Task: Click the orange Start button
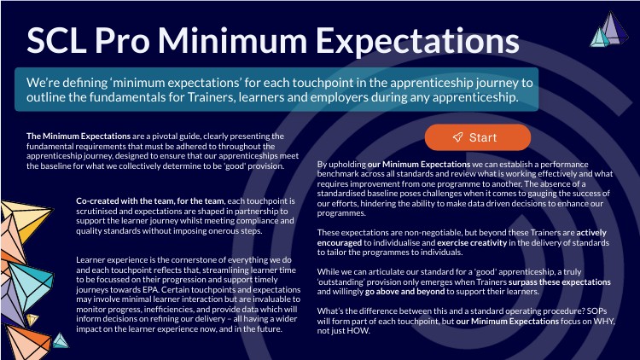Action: coord(478,137)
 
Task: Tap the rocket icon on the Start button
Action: coord(458,137)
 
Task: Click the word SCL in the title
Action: coord(56,41)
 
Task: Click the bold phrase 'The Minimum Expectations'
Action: coord(79,136)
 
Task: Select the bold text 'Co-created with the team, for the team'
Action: coord(150,200)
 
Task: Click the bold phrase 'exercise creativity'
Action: coord(472,242)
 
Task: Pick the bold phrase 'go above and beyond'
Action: coord(404,292)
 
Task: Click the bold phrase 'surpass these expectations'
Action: coord(560,282)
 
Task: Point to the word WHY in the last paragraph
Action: coord(603,322)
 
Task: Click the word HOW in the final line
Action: coord(358,331)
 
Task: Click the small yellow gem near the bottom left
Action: coord(32,320)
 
